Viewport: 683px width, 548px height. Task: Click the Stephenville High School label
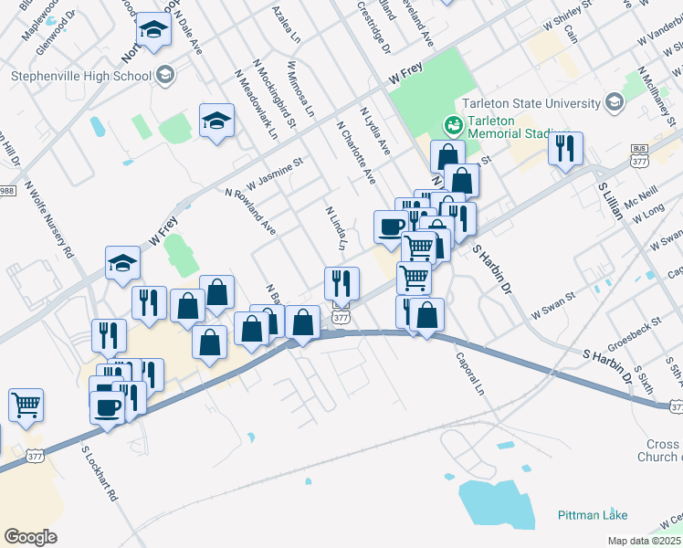(81, 76)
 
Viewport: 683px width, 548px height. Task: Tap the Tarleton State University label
(531, 103)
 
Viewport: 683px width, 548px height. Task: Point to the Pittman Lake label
(593, 515)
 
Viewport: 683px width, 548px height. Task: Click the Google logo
(30, 536)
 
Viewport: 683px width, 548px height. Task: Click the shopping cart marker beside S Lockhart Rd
(26, 403)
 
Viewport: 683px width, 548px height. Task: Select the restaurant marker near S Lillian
(566, 147)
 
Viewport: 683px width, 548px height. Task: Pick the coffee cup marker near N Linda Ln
(392, 226)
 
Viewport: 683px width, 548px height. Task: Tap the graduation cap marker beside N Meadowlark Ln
(216, 121)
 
